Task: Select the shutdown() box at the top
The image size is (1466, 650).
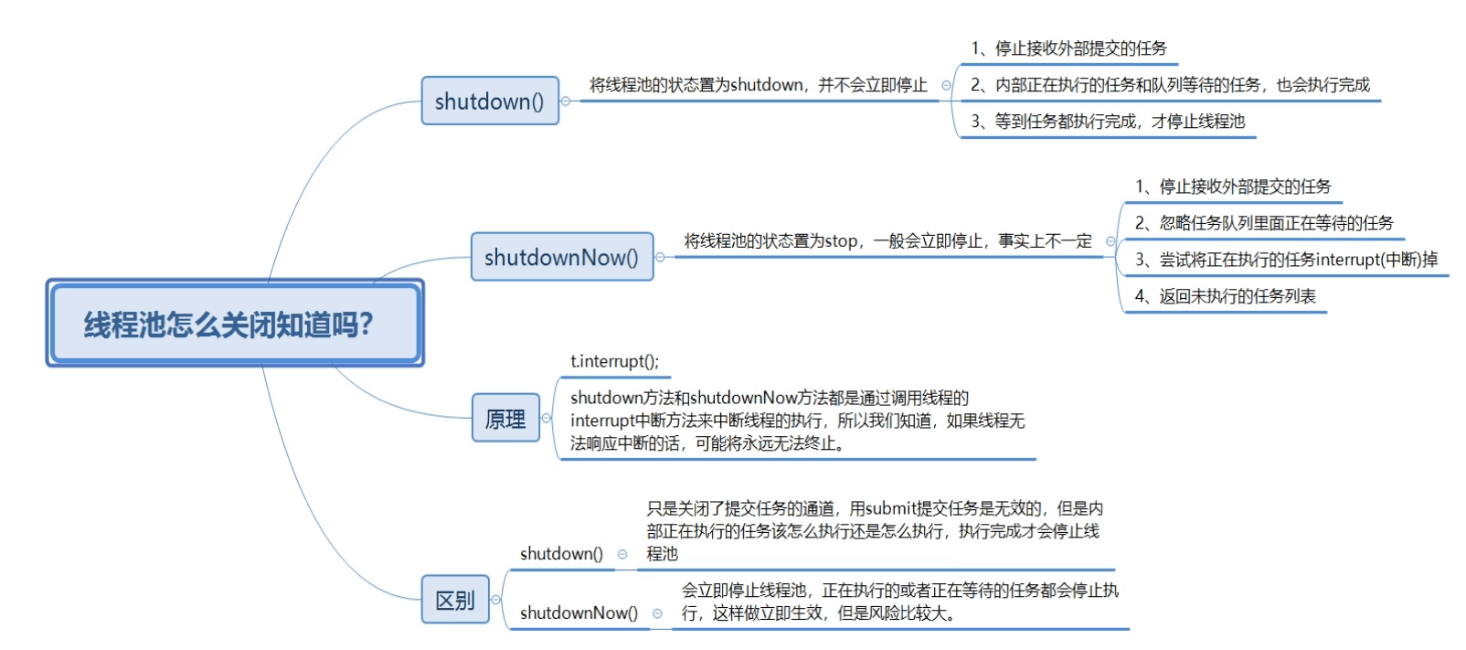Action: click(x=489, y=101)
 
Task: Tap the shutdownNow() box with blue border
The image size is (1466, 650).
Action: click(x=561, y=257)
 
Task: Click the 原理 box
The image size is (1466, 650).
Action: click(x=505, y=419)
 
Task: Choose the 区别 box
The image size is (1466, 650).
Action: click(x=455, y=600)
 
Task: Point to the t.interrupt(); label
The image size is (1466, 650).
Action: click(x=614, y=361)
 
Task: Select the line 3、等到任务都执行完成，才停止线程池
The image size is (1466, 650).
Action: click(x=1107, y=122)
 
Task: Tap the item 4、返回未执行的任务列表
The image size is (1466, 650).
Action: click(x=1225, y=296)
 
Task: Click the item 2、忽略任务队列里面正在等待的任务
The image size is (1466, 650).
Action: click(x=1263, y=223)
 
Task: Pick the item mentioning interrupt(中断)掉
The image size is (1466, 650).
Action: click(x=1285, y=260)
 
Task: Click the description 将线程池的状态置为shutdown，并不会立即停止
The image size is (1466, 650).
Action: click(x=758, y=85)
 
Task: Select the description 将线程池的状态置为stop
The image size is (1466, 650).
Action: click(x=887, y=241)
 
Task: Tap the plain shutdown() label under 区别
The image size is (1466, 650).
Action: click(x=561, y=554)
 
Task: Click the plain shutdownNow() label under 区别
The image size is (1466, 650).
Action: click(x=579, y=613)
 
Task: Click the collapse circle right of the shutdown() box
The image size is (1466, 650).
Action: click(x=566, y=101)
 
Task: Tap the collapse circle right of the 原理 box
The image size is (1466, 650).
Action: click(x=547, y=419)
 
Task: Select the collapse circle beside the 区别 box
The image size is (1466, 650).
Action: click(x=496, y=600)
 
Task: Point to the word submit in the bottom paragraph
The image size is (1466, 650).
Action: click(x=890, y=508)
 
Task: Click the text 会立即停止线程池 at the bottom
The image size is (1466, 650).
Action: click(x=744, y=591)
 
